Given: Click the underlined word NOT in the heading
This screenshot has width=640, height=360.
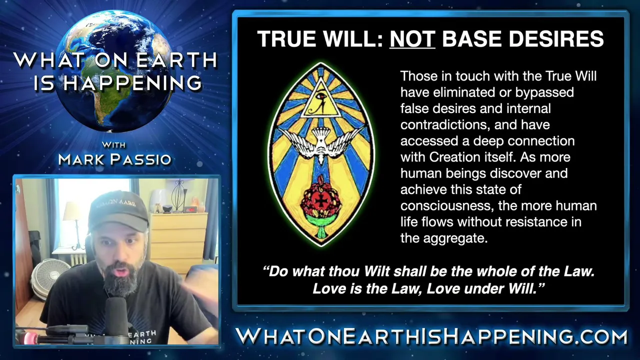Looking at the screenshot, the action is (412, 38).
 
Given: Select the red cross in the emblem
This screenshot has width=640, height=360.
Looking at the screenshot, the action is (321, 201).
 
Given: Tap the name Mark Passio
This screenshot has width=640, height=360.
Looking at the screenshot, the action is (114, 159).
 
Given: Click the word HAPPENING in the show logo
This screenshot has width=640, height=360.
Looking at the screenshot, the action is (132, 83).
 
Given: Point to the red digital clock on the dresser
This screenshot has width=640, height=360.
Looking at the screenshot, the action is (189, 209).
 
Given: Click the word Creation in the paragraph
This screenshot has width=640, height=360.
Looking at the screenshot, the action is (471, 157).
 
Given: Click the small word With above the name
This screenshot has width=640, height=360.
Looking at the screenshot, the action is (113, 145).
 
